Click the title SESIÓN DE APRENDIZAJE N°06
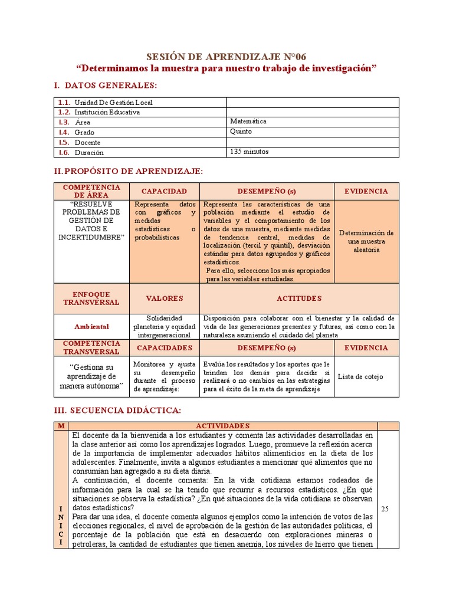(226, 57)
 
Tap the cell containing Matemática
(248, 122)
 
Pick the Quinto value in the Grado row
(241, 132)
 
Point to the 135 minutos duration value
(250, 152)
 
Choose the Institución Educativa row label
(107, 112)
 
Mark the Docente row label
(87, 142)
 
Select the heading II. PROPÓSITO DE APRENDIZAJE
(128, 171)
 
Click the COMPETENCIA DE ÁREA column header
(91, 191)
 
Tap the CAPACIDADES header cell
(165, 348)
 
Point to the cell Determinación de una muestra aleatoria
(366, 241)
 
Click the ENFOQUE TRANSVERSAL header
(91, 298)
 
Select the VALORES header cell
(165, 298)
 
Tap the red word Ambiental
(91, 326)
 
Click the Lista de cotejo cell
(360, 376)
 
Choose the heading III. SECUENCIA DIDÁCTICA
(117, 410)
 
